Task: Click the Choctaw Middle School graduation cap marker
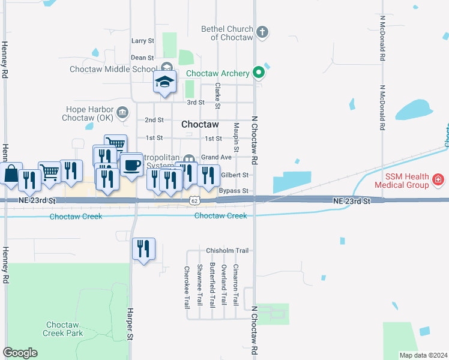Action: click(x=164, y=83)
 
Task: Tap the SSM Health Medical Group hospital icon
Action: click(x=439, y=179)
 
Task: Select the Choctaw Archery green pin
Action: click(x=259, y=73)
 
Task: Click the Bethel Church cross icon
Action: click(x=262, y=31)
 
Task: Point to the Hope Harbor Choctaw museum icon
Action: click(x=122, y=112)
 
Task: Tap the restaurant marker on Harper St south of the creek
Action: click(x=143, y=248)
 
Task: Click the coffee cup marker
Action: click(x=131, y=164)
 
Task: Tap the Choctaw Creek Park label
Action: click(x=63, y=328)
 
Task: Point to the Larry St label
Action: click(x=142, y=41)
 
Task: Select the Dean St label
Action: click(x=142, y=58)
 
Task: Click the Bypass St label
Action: click(x=234, y=191)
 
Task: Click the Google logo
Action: click(x=20, y=353)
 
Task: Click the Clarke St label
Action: click(x=218, y=96)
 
